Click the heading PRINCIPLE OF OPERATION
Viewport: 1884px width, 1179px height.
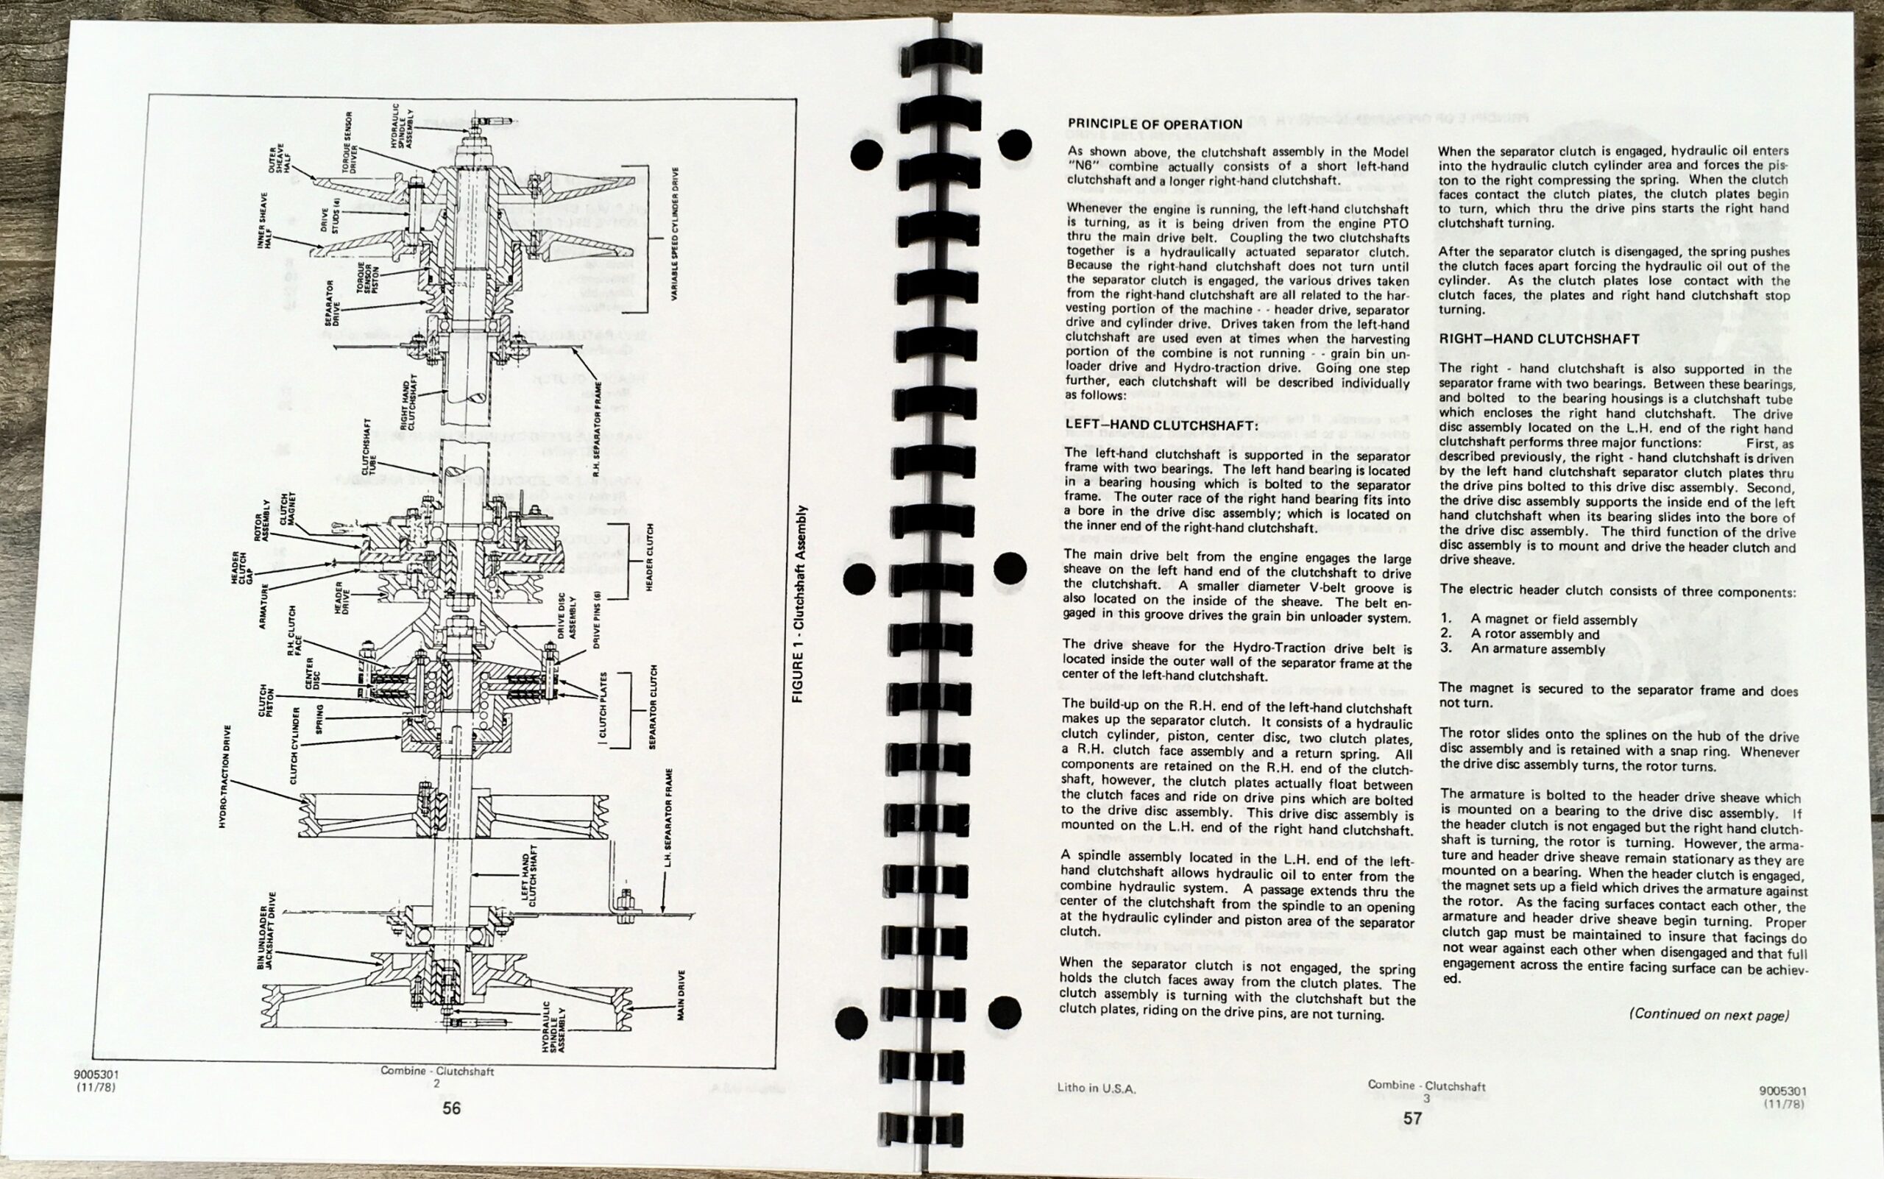click(x=1155, y=124)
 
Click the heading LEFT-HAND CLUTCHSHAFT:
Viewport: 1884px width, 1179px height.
click(x=1161, y=425)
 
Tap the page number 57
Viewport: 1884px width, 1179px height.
click(x=1412, y=1118)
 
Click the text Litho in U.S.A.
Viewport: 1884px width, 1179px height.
click(x=1097, y=1088)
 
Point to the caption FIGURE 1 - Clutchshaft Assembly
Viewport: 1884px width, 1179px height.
click(x=798, y=603)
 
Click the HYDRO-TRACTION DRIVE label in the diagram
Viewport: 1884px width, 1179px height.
click(x=226, y=776)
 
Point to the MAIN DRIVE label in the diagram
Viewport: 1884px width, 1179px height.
click(x=681, y=996)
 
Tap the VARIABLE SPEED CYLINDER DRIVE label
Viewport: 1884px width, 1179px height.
click(x=676, y=233)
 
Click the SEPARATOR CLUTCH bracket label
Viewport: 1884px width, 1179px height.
click(x=653, y=707)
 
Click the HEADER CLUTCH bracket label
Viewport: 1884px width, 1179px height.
click(x=649, y=559)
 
